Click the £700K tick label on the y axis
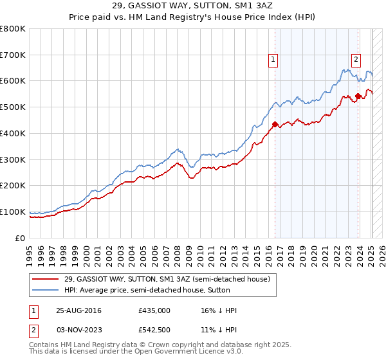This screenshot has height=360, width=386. (13, 55)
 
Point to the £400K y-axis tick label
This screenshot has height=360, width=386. (13, 133)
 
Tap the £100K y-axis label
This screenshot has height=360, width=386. (13, 212)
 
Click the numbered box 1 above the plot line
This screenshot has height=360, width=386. (273, 60)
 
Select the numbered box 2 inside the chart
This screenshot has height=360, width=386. (356, 60)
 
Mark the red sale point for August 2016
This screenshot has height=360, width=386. (275, 124)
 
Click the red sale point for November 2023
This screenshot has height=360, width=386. (358, 96)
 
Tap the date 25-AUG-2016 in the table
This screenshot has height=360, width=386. (79, 310)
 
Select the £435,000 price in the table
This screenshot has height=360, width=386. (154, 310)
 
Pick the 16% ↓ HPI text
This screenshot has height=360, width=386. (219, 310)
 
